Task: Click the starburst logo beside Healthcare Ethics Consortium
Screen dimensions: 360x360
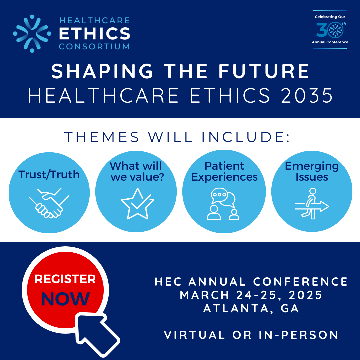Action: tap(32, 34)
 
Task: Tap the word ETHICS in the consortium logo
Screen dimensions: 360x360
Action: tap(95, 34)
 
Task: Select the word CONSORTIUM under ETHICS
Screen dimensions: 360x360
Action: tap(94, 46)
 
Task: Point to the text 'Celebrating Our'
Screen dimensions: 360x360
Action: tap(330, 17)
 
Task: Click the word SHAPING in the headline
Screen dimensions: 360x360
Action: tap(102, 71)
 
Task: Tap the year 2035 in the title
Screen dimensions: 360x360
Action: tap(307, 95)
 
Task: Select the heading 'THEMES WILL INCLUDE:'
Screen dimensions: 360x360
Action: tap(177, 137)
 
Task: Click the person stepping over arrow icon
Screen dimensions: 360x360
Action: tap(312, 203)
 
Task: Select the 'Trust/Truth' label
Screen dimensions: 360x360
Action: tap(49, 174)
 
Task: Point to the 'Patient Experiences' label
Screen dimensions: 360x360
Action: tap(224, 172)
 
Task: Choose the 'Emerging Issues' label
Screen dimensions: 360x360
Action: tap(312, 172)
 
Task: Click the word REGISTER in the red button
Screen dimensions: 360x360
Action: tap(65, 279)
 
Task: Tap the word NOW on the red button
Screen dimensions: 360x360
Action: tap(65, 299)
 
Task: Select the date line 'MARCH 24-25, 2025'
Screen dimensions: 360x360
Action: tap(251, 295)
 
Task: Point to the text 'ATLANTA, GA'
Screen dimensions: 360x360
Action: tap(251, 308)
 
